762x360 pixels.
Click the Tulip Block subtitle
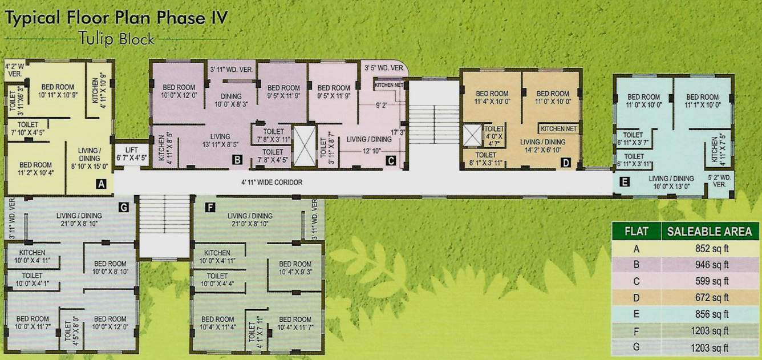point(118,39)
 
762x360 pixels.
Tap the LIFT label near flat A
point(127,154)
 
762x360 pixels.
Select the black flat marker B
point(237,160)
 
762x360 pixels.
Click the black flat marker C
point(391,160)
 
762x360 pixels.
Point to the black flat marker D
point(565,163)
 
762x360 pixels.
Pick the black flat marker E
point(624,183)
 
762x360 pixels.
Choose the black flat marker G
point(123,207)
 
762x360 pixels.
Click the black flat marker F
point(210,207)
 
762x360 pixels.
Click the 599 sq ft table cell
point(709,281)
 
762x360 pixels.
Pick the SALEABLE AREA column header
point(709,232)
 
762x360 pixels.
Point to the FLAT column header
point(636,232)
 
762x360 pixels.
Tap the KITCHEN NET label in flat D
point(559,129)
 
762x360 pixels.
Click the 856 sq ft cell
point(709,314)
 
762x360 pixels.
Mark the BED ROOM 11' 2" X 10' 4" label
point(35,168)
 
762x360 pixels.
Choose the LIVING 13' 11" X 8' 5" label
point(219,140)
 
